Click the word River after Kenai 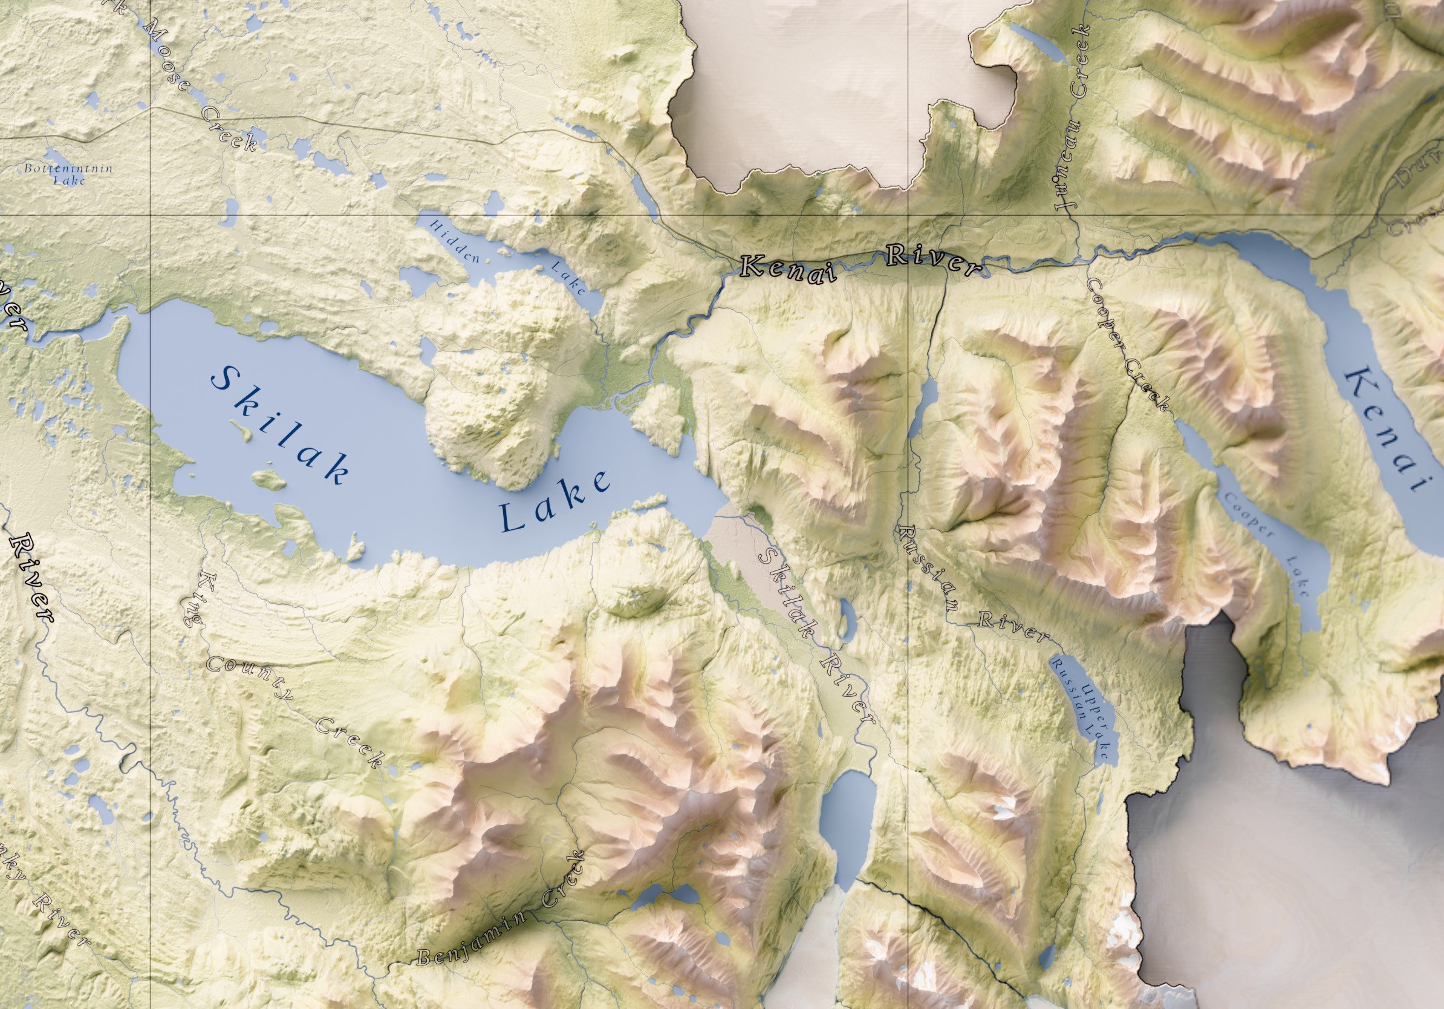(x=934, y=259)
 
